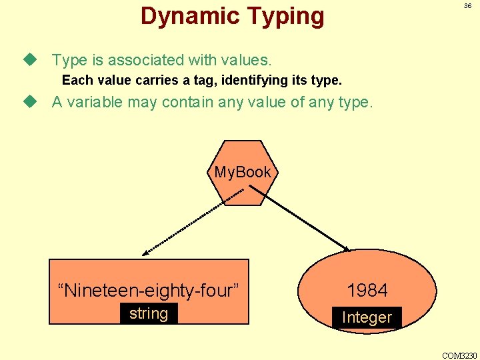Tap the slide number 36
click(467, 6)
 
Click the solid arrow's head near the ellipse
click(346, 249)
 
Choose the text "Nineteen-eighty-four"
click(148, 290)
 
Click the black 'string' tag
click(149, 313)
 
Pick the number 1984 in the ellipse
click(367, 290)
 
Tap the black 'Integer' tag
click(367, 317)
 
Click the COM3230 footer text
click(459, 355)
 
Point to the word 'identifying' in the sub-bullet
click(258, 81)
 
